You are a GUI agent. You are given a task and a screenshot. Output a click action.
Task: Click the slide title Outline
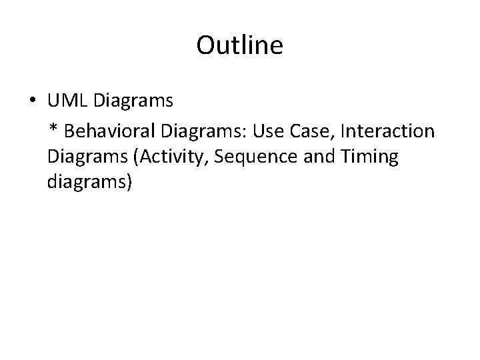point(240,45)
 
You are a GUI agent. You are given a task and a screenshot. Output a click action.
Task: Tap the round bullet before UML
point(32,102)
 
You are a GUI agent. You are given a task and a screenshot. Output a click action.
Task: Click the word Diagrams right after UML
point(133,101)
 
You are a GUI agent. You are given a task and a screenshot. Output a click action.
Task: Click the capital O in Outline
point(205,45)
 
